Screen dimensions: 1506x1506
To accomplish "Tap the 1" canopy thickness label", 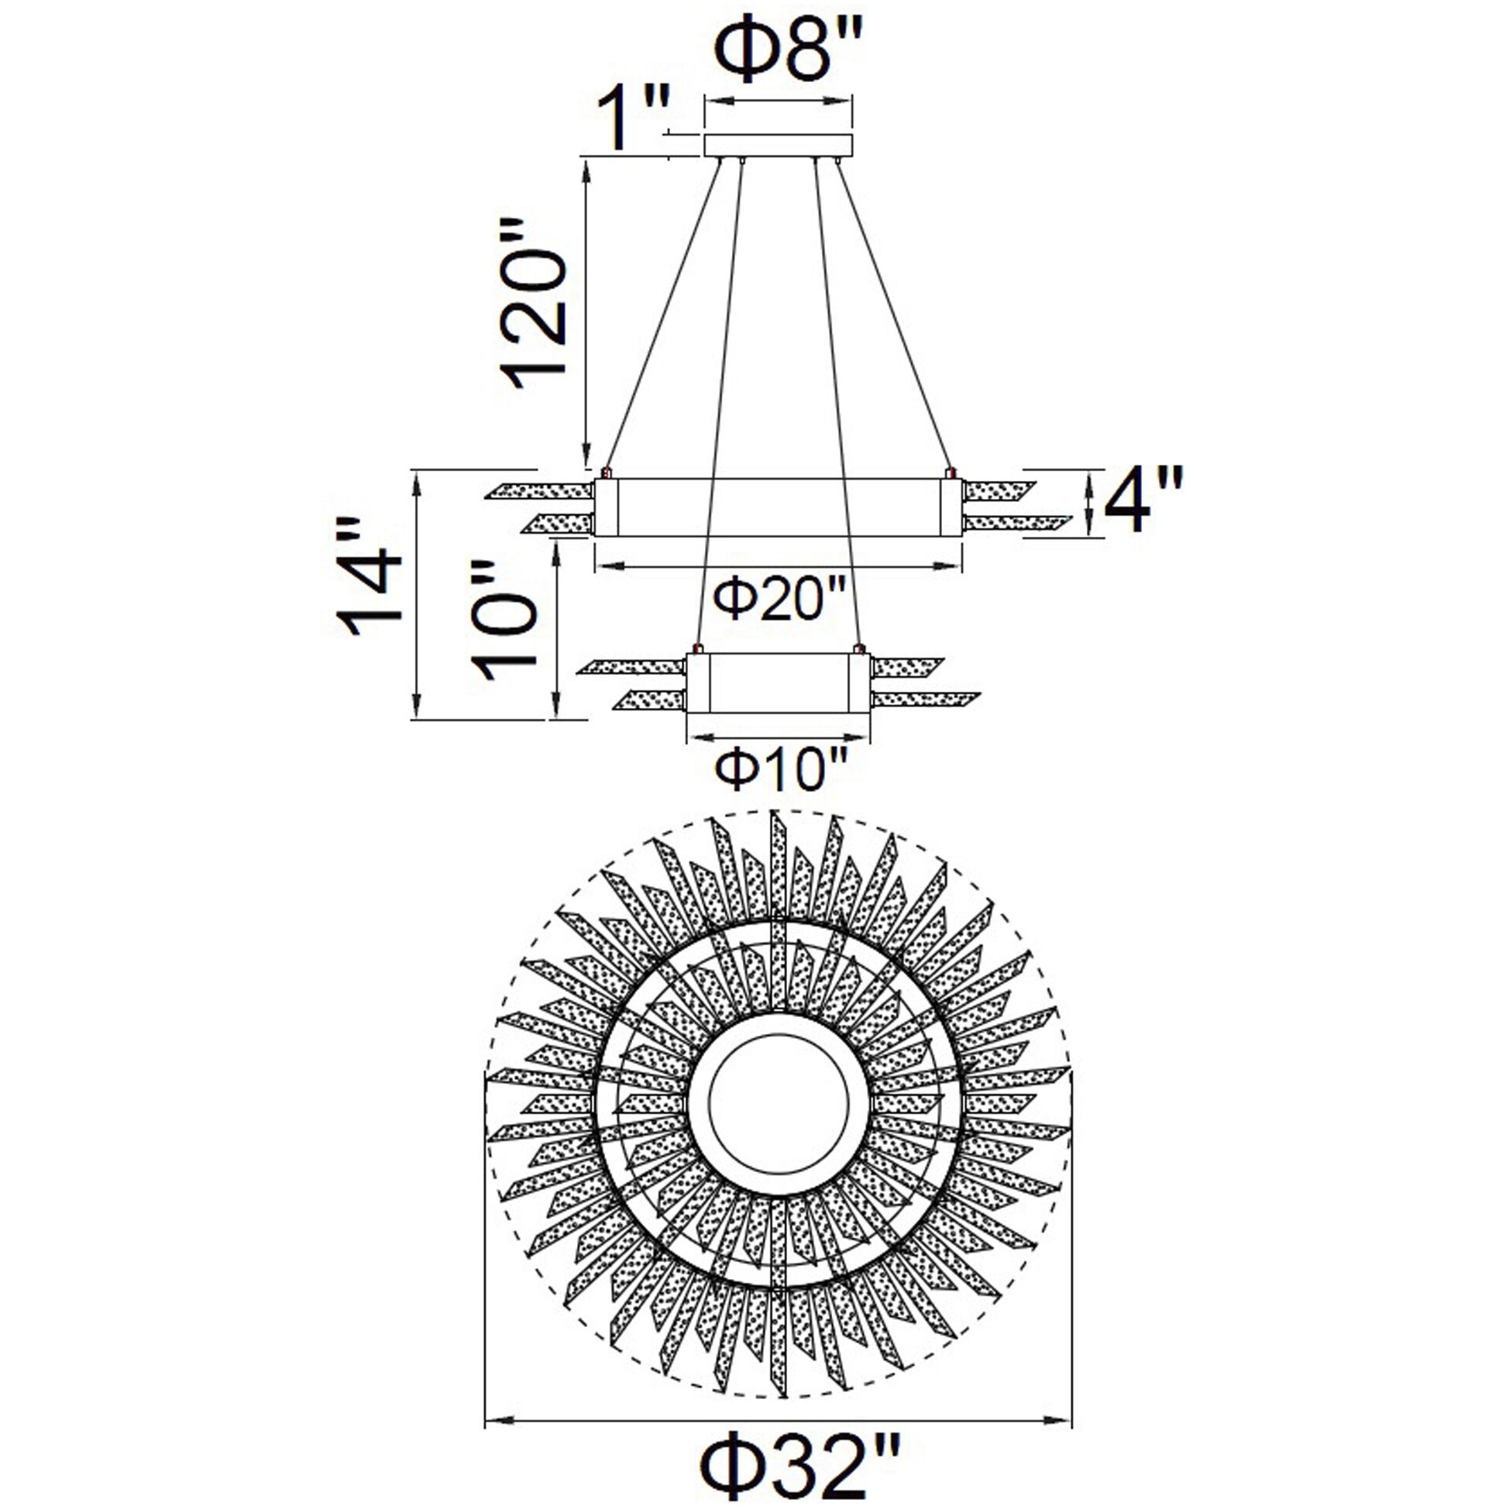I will [x=630, y=119].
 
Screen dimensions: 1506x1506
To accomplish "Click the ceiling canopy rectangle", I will [x=778, y=146].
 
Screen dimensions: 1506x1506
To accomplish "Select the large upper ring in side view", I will [x=778, y=507].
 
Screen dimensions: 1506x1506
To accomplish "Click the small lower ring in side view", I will [x=777, y=682].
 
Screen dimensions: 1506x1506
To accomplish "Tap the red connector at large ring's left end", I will [x=606, y=473].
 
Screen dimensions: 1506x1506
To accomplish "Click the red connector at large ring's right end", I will [x=950, y=473].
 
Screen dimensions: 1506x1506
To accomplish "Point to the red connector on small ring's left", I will [x=698, y=648].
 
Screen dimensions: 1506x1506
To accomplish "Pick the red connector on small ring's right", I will [x=859, y=648].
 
